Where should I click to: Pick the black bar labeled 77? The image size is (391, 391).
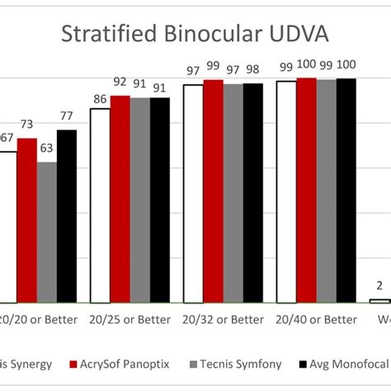click(67, 216)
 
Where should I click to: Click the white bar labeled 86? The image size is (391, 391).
click(100, 205)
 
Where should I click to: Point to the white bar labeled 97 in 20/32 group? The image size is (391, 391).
click(192, 194)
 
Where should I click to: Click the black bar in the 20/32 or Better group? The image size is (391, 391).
click(252, 193)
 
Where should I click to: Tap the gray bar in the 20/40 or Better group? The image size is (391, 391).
click(326, 191)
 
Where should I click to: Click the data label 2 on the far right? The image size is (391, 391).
click(379, 286)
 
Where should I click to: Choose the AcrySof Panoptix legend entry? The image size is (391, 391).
click(122, 364)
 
